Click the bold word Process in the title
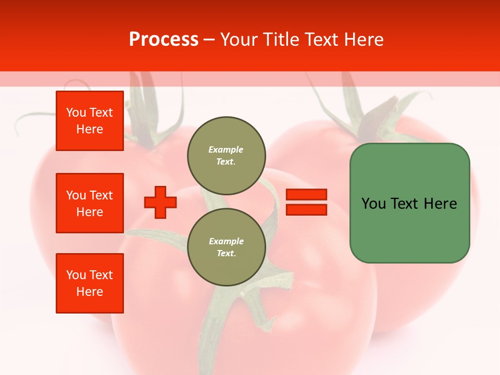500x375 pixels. coord(164,40)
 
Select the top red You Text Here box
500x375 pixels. coord(90,121)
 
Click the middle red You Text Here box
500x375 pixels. coord(90,203)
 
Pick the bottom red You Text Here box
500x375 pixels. coord(90,283)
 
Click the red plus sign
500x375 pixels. coord(160,202)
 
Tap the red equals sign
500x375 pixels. coord(306,202)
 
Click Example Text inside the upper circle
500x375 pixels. coord(226,156)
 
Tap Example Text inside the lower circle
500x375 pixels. coord(226,247)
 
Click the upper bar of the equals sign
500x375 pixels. coord(306,194)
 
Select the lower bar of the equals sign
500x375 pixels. coord(306,210)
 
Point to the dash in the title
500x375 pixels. coord(209,40)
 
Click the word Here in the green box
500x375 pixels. coord(440,204)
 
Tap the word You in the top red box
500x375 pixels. coord(76,113)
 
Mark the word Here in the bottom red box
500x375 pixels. coord(90,292)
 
